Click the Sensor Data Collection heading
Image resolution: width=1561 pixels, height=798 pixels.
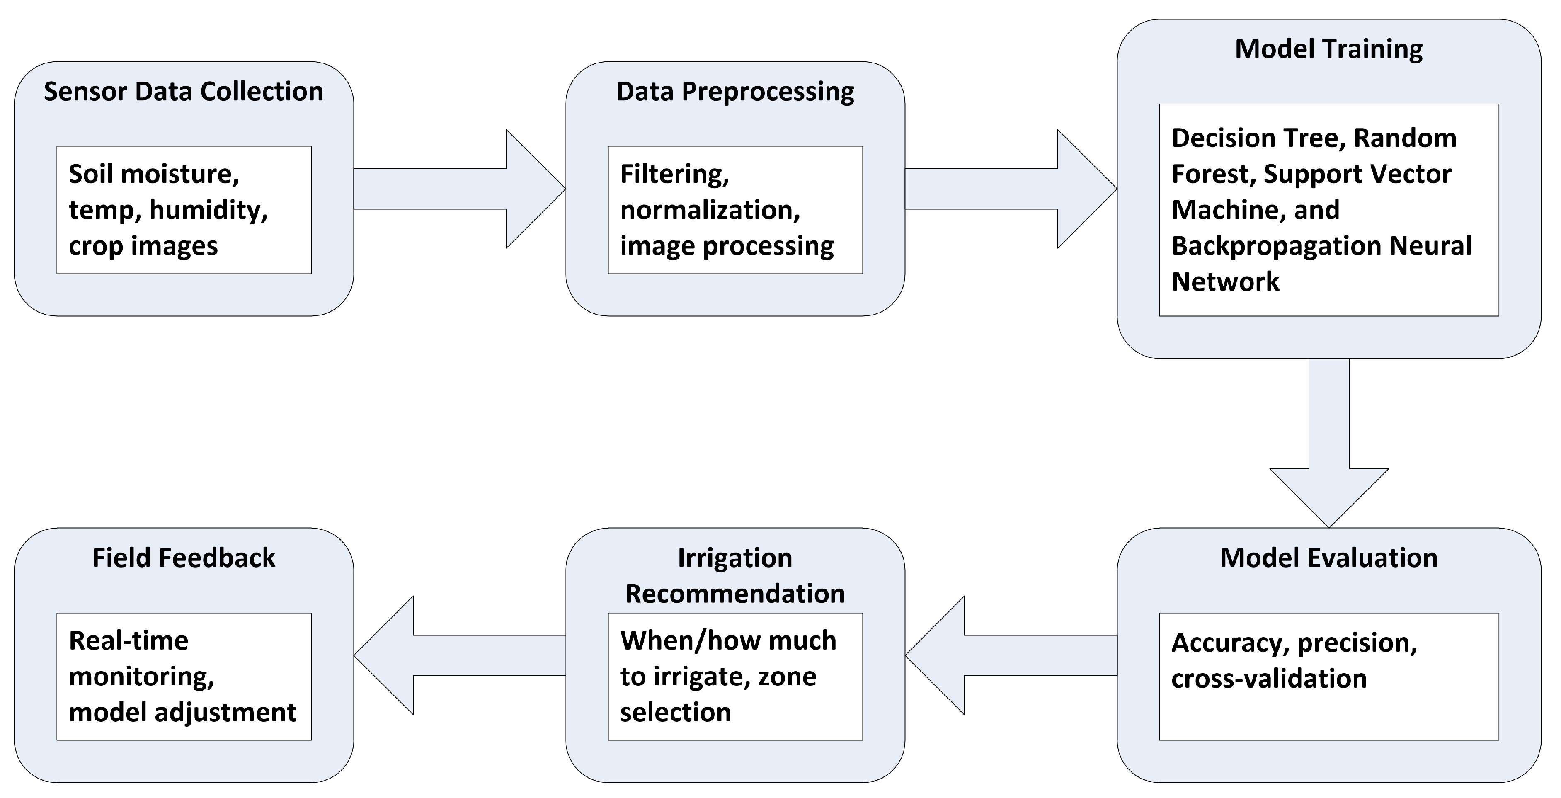pos(184,92)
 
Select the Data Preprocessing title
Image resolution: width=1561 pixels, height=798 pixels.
pos(734,92)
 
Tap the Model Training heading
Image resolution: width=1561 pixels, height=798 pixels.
pos(1328,49)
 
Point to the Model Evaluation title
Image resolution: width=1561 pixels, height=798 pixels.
pos(1328,558)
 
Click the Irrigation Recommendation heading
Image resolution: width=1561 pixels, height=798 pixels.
pos(734,576)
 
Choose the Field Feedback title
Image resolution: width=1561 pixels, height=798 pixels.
pos(184,558)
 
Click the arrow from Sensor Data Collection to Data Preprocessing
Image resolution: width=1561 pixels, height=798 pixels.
pos(461,189)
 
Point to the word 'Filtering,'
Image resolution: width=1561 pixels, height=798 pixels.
pos(674,174)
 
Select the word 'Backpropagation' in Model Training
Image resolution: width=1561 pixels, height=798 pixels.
pos(1275,246)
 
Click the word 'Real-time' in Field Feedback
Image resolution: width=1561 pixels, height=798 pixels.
pos(128,640)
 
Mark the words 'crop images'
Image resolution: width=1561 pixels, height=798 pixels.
pos(143,246)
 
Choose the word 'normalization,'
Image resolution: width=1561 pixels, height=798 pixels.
pos(710,210)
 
